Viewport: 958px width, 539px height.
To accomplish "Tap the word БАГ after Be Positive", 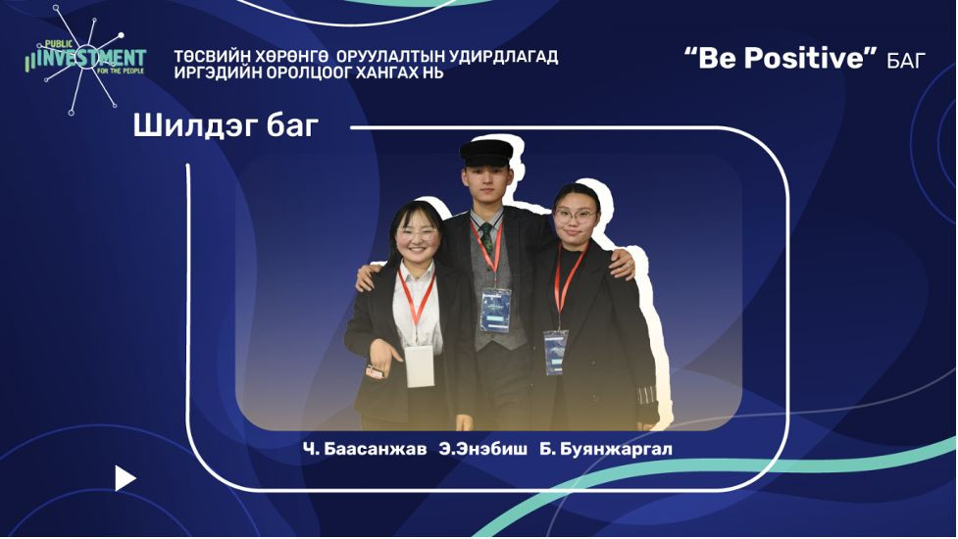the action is tap(906, 60).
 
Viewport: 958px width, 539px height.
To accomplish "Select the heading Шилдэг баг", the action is tap(226, 126).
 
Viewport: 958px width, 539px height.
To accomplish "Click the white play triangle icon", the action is tap(125, 478).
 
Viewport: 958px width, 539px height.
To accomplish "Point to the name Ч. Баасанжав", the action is tap(365, 449).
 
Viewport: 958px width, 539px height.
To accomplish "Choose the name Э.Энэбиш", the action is tap(482, 449).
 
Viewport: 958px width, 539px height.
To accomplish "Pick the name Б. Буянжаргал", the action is tap(605, 449).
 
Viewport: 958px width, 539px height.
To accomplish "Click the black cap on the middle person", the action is tap(486, 153).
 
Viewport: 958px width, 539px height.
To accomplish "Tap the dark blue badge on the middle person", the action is tap(495, 311).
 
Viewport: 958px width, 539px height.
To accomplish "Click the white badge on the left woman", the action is tap(420, 366).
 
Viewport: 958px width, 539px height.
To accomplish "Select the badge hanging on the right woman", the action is tap(555, 352).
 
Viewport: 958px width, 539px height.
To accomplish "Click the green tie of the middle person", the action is tap(487, 237).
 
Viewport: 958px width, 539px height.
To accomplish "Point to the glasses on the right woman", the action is tap(575, 215).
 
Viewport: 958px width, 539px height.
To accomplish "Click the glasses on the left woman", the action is tap(418, 233).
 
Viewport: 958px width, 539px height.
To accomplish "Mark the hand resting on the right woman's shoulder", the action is tap(624, 264).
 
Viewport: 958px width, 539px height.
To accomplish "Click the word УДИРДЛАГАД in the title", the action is tap(503, 57).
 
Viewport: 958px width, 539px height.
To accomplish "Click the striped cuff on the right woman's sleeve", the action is tap(646, 396).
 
